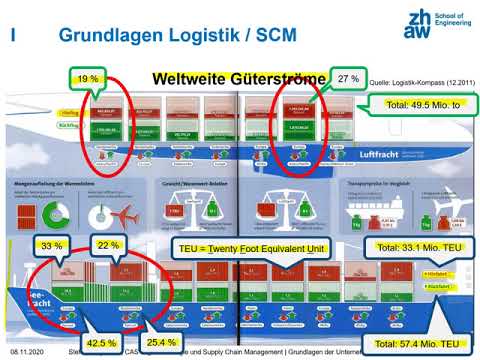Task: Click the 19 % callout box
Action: pyautogui.click(x=87, y=78)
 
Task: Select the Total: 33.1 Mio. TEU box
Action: pyautogui.click(x=415, y=246)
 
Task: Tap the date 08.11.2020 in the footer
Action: pyautogui.click(x=27, y=353)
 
